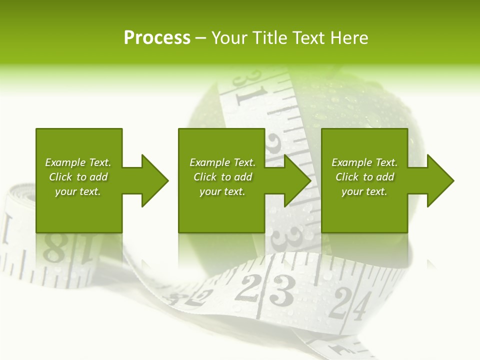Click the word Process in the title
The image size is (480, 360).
tap(157, 38)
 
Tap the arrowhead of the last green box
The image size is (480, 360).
tap(440, 180)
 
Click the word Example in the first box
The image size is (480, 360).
tap(65, 162)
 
